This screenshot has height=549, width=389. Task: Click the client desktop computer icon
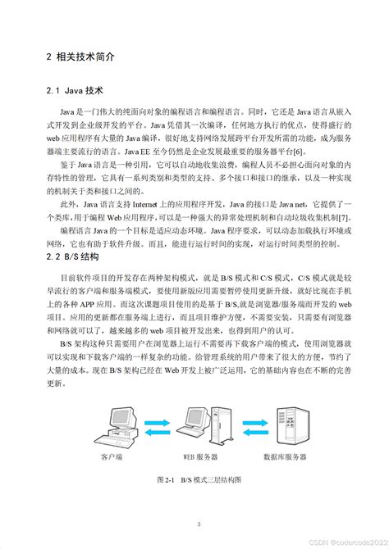coord(114,426)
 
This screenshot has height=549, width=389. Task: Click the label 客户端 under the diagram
coord(112,456)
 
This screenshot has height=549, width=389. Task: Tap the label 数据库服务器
coord(290,456)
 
